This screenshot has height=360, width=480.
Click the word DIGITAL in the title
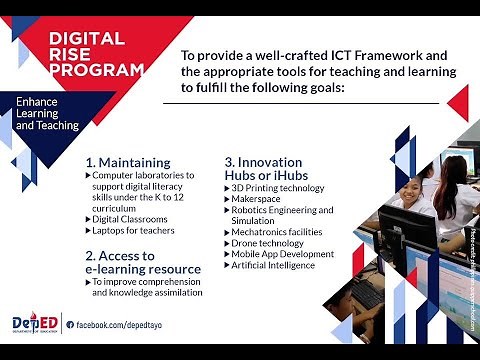87,39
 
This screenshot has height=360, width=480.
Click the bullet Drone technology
267,243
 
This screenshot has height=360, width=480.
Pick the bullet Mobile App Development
282,254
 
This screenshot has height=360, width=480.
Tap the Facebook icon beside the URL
71,324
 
